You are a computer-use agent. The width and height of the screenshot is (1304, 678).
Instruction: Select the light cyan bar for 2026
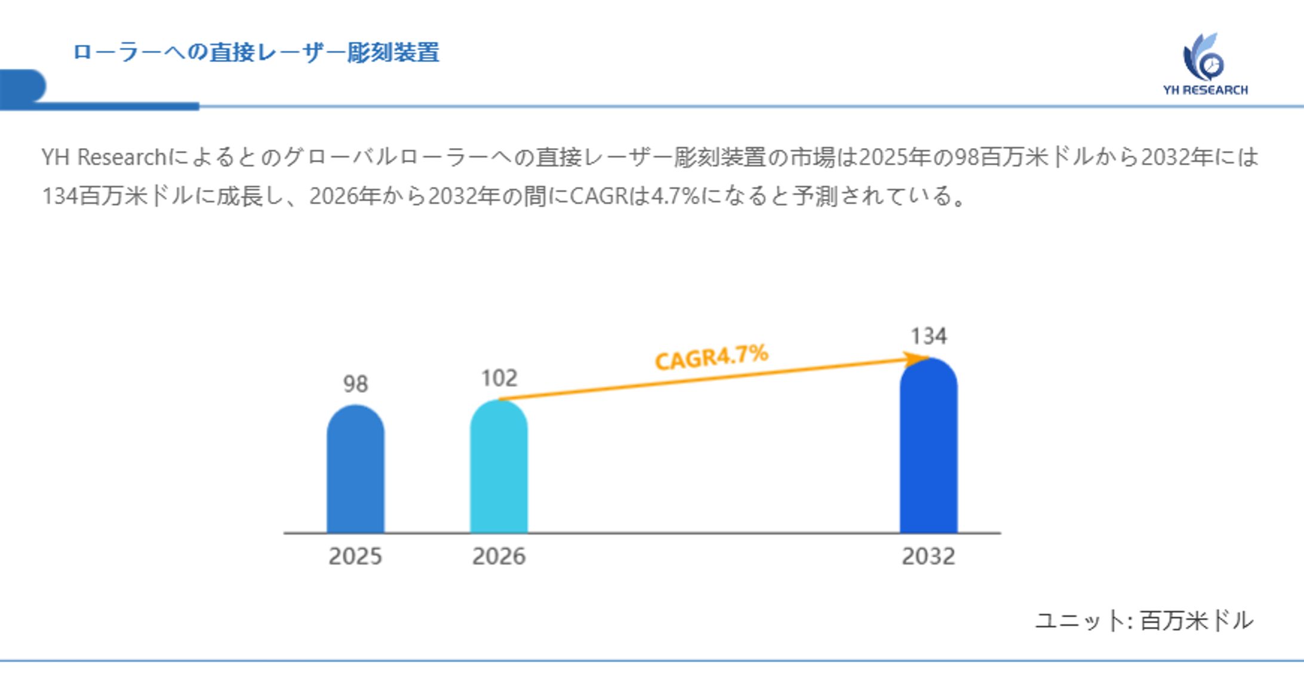click(x=499, y=468)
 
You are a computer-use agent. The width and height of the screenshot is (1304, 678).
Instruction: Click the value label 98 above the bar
click(x=355, y=384)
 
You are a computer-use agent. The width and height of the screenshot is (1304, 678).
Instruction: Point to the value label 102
click(x=499, y=378)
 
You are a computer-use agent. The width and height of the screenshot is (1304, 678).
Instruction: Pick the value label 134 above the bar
click(x=928, y=336)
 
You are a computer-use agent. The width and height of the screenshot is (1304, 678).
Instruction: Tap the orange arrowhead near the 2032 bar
click(x=914, y=359)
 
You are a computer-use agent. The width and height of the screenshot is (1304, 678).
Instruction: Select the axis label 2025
click(x=355, y=556)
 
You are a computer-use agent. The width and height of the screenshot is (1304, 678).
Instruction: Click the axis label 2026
click(x=499, y=556)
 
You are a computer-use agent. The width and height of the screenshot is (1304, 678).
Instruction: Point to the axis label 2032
click(x=928, y=556)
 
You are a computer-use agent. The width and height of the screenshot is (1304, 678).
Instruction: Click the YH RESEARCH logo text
click(x=1205, y=90)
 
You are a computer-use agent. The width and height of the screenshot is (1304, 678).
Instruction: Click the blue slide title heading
click(x=256, y=53)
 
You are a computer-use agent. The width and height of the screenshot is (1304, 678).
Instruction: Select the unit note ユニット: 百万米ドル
click(x=1143, y=621)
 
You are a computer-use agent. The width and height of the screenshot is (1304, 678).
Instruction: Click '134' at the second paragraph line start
click(x=60, y=196)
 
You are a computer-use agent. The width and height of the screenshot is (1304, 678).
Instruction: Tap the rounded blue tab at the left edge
click(x=23, y=87)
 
